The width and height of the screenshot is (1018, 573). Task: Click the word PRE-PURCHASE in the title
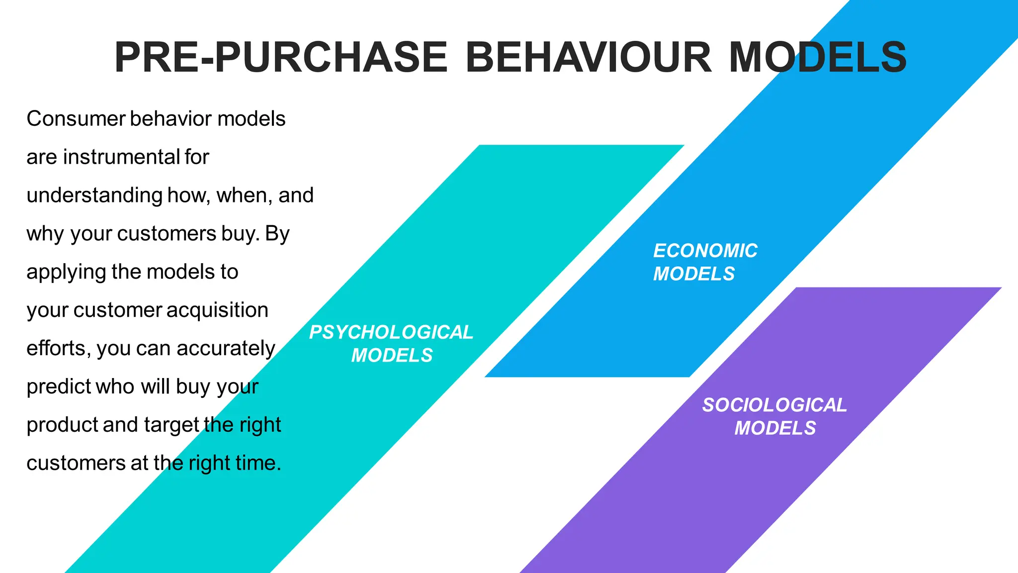(x=281, y=57)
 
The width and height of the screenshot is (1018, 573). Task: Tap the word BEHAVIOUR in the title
(x=589, y=57)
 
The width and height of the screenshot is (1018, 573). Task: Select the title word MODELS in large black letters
(x=818, y=57)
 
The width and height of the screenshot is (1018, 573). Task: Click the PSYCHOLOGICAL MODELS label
(x=391, y=344)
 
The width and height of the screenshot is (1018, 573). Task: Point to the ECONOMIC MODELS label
(x=705, y=262)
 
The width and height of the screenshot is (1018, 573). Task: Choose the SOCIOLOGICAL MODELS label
(x=774, y=416)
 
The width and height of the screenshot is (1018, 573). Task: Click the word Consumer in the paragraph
(x=76, y=119)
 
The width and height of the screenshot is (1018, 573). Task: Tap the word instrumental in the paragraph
(x=121, y=157)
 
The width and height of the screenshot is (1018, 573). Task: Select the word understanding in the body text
(x=94, y=195)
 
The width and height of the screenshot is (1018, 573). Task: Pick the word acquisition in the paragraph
(x=217, y=310)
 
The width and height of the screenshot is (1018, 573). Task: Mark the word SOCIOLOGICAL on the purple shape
(x=774, y=405)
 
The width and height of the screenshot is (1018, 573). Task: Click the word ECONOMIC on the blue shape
(x=705, y=251)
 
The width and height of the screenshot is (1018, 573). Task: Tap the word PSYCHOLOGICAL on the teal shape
(x=391, y=332)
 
